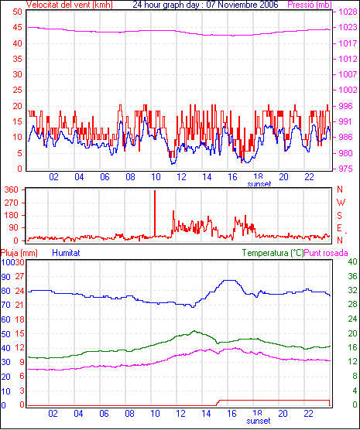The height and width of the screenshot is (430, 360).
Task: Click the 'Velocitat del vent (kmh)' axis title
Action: (x=70, y=5)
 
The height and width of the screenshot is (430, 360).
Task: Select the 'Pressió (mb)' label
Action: (x=310, y=5)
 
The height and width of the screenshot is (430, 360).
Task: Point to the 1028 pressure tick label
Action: (x=348, y=12)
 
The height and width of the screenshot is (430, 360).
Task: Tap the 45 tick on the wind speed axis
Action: (x=18, y=27)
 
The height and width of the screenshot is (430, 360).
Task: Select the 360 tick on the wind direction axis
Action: (x=12, y=189)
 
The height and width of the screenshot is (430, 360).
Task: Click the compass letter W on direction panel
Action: (x=341, y=203)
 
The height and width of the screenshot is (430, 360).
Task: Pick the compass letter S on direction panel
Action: (x=339, y=216)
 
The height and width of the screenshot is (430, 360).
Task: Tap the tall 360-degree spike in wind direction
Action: (x=155, y=213)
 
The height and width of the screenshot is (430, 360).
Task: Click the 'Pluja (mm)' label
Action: (x=19, y=253)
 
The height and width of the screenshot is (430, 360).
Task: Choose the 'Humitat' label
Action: (x=66, y=253)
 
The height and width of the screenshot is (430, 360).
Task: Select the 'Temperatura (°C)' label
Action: (x=273, y=253)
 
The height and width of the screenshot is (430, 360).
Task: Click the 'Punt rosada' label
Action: (x=326, y=253)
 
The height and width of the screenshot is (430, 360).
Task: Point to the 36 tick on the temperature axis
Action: (x=352, y=276)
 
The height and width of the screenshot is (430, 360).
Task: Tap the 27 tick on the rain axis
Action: (x=19, y=276)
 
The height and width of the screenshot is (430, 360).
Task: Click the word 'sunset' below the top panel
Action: (x=259, y=184)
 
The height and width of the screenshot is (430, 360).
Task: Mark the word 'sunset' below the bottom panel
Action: (x=258, y=421)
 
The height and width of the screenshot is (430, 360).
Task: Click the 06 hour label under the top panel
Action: (x=105, y=177)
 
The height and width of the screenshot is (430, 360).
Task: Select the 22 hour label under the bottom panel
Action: (x=308, y=413)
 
